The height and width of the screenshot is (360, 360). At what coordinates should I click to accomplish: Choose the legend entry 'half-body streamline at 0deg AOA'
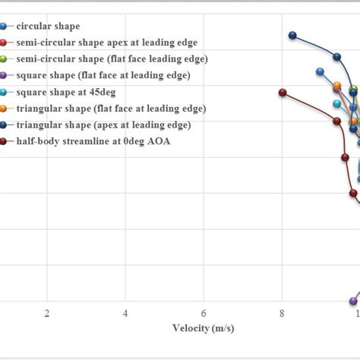coord(93,141)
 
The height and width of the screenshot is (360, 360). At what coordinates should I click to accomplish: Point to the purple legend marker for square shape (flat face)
coord(4,75)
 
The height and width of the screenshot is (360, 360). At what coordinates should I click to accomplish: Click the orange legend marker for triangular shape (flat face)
coord(4,109)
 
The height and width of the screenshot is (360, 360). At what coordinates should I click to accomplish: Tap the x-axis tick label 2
coord(47,314)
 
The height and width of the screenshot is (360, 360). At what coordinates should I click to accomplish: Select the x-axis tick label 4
coord(125,314)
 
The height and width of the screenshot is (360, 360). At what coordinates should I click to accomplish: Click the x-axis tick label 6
coord(204,314)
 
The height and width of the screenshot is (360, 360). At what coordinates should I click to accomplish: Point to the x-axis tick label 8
coord(282,314)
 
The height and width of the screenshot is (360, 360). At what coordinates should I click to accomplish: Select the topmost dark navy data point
coord(292,35)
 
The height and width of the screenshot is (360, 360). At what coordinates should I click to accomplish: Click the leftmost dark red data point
coord(283,93)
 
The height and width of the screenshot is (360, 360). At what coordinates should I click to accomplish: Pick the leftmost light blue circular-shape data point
coord(320,71)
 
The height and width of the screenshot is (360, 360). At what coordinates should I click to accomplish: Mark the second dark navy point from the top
coord(337,56)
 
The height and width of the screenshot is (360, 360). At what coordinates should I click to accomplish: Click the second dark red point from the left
coord(337,121)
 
